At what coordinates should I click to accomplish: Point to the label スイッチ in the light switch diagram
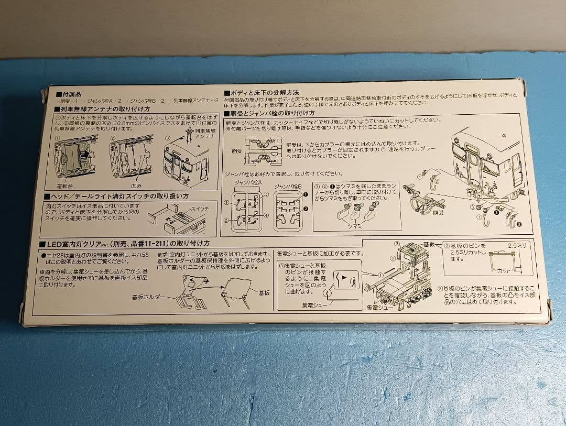pos(199,208)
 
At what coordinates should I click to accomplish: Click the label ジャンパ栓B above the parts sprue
pos(288,185)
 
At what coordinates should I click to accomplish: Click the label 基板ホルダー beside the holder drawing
pos(150,297)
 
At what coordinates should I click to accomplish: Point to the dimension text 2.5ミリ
pos(517,245)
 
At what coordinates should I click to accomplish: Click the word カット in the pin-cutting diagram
pos(503,270)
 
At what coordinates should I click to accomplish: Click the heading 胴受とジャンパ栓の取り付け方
pos(272,113)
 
